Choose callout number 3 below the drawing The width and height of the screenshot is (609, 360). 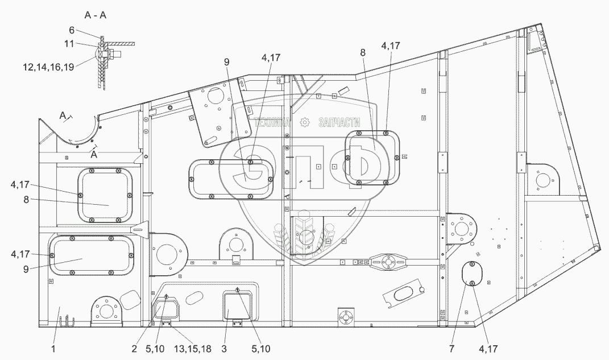click(225, 349)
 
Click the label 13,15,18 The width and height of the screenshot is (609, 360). click(191, 349)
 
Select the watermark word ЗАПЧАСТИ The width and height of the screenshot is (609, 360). click(340, 122)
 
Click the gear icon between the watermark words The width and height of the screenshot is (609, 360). click(306, 122)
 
